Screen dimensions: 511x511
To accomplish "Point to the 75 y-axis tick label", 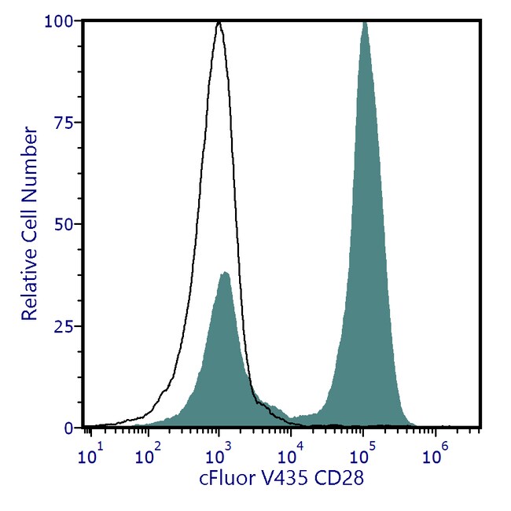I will [63, 123].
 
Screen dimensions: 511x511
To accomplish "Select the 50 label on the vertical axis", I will [63, 224].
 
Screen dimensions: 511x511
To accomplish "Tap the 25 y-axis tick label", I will [63, 326].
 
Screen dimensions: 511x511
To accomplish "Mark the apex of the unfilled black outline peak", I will [219, 23].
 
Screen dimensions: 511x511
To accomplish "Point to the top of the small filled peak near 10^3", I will [225, 273].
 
